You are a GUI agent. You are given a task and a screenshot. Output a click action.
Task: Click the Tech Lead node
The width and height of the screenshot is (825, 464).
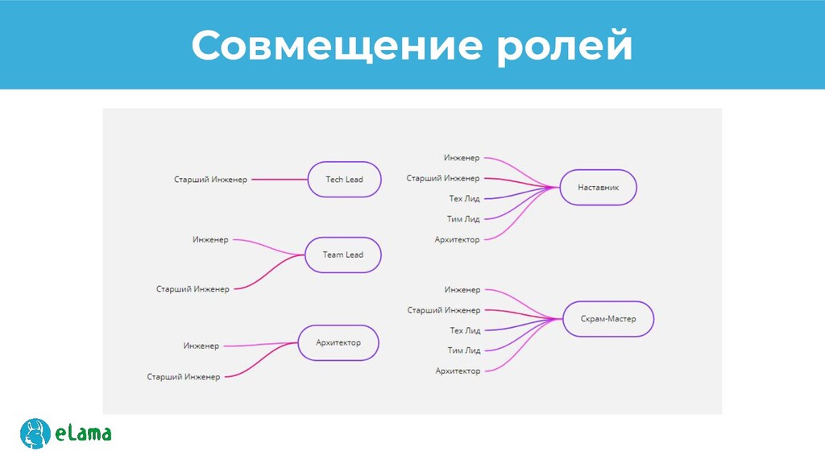344,179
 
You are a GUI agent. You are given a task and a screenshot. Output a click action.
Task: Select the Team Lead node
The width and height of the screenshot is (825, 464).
343,255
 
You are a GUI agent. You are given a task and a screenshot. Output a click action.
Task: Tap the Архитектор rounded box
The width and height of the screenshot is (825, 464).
338,342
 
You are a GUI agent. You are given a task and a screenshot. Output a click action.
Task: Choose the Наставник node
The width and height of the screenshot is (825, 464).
598,188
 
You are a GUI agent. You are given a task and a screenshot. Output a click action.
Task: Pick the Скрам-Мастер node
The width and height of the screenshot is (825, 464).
608,319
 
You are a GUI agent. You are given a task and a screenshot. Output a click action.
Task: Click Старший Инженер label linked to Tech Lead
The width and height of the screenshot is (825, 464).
210,180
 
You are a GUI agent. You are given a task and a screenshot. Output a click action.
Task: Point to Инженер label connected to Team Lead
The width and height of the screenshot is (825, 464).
210,239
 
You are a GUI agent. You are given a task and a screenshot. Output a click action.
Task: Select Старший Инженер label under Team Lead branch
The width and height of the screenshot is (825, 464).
193,288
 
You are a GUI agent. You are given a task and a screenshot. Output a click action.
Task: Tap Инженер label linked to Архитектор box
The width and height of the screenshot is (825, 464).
201,346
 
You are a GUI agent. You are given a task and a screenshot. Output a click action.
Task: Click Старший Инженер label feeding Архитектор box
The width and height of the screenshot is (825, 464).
183,376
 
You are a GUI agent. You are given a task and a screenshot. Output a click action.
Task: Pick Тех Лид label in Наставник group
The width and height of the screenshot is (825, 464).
464,198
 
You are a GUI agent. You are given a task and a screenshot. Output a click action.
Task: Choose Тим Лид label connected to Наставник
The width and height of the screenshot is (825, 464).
463,218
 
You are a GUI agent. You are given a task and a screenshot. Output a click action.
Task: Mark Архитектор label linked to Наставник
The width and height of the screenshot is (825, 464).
457,239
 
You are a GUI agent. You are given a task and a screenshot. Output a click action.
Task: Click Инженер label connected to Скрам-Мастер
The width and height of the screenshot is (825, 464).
462,289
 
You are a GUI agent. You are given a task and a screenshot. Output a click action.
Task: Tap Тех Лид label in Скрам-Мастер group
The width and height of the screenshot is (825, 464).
465,330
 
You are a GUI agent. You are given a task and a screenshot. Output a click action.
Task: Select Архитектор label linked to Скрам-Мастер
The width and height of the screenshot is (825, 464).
458,371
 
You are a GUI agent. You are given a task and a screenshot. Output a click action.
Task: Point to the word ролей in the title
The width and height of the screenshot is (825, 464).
563,46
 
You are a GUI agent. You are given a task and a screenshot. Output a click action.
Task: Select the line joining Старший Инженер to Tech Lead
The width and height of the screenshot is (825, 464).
279,180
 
